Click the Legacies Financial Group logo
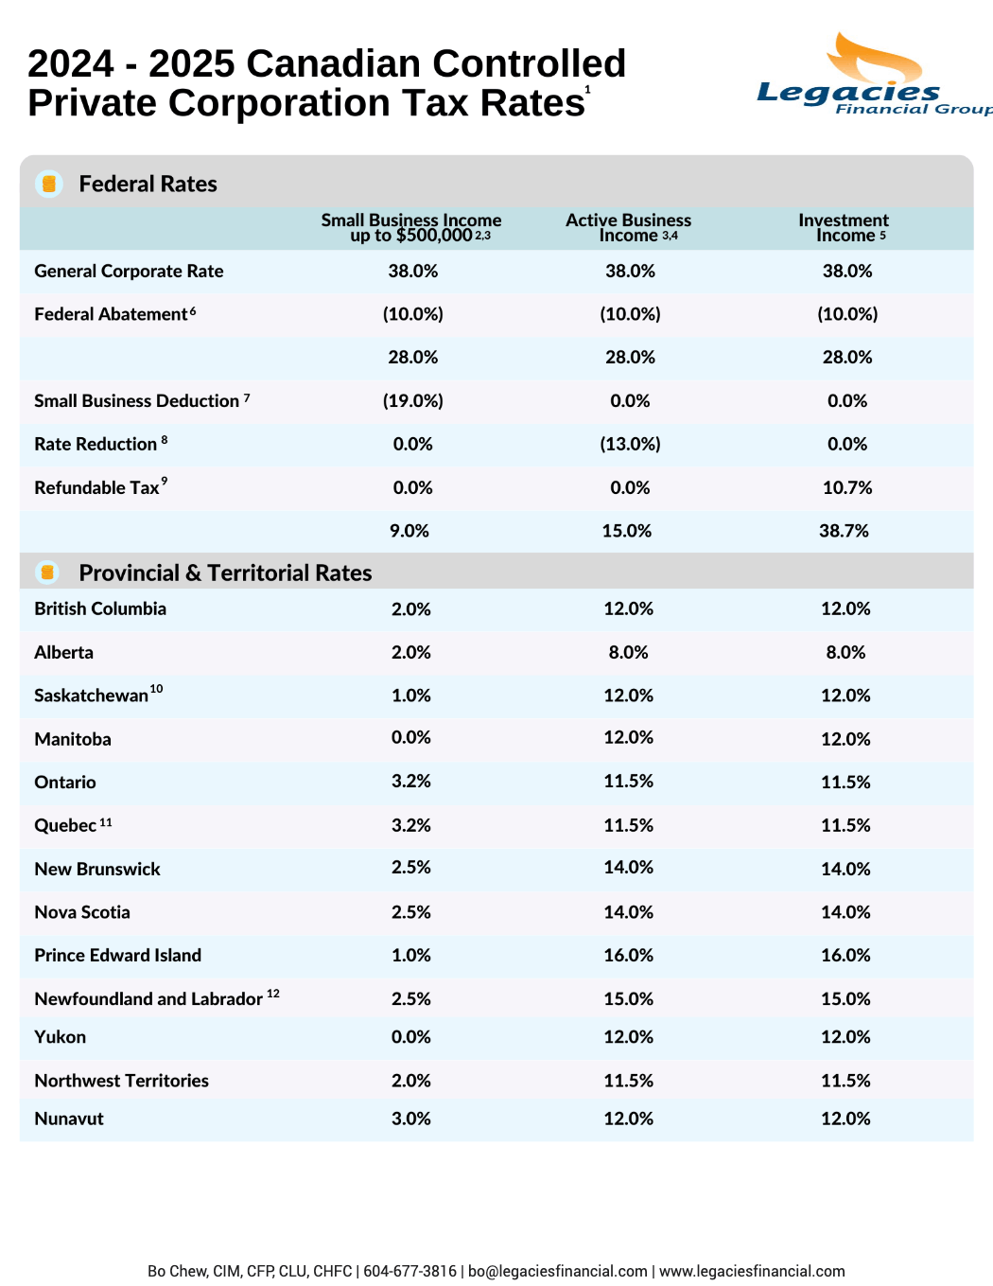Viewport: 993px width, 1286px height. tap(875, 74)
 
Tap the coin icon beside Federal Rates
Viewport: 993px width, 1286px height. tap(49, 184)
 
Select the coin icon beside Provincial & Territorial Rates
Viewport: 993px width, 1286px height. tap(47, 573)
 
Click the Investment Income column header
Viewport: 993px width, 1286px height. tap(844, 228)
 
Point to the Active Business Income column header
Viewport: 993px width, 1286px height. tap(628, 228)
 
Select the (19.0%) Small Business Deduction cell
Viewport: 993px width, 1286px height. tap(413, 400)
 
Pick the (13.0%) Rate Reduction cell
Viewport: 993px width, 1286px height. tap(630, 444)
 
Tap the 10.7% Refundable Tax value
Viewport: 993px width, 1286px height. tap(847, 487)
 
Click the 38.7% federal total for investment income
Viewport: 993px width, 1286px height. tap(844, 530)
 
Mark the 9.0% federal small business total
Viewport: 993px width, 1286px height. tap(409, 530)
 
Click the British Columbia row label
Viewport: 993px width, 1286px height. tap(100, 608)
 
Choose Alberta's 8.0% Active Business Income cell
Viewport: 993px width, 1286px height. tap(628, 652)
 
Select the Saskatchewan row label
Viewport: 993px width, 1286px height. tap(98, 694)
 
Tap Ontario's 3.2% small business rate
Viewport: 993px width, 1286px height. tap(411, 782)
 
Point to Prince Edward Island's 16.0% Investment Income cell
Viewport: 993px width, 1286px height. tap(845, 955)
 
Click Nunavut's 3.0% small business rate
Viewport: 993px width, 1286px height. tap(411, 1119)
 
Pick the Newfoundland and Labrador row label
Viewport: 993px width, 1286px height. tap(157, 997)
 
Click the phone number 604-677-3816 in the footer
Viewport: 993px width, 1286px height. tap(409, 1271)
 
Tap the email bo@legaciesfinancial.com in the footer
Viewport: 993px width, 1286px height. tap(557, 1271)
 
